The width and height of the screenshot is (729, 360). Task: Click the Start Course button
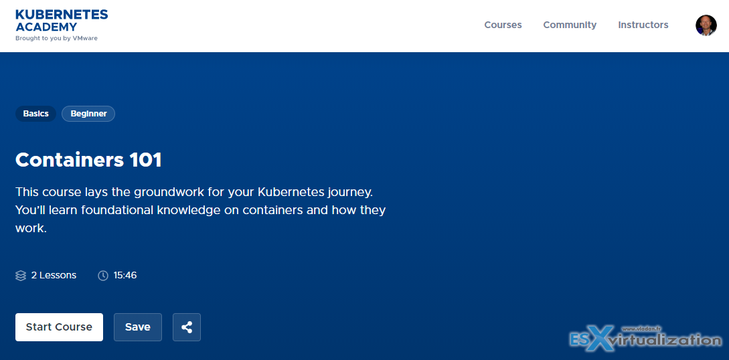59,327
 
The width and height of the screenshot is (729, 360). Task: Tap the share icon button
187,327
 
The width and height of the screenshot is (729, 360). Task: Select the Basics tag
35,114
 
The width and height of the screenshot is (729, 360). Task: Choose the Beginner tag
88,114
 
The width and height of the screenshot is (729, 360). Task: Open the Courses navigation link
503,25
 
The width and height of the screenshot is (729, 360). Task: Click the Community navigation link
570,25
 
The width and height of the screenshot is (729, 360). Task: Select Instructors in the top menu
643,25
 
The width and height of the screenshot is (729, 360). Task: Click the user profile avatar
706,25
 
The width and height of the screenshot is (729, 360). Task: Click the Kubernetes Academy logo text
62,21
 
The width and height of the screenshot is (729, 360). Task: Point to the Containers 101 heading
88,160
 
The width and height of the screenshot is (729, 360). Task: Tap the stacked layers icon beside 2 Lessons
21,276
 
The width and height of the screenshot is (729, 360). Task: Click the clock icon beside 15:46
102,276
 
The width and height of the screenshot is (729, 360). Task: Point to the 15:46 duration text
125,276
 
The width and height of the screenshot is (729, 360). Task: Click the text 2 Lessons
54,276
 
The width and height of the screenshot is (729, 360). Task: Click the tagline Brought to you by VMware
56,38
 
